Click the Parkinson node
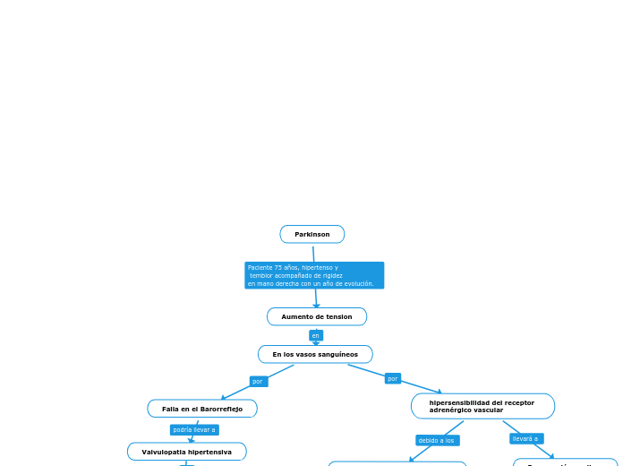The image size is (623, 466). tap(312, 235)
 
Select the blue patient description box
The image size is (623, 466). tap(314, 275)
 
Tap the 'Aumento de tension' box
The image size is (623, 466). tap(317, 317)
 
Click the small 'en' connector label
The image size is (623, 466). tap(315, 335)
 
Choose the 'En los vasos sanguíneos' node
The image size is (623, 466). tap(315, 355)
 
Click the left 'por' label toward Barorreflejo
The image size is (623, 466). tap(258, 382)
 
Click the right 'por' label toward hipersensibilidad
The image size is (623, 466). tap(392, 379)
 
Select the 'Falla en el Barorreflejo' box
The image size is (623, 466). tap(202, 409)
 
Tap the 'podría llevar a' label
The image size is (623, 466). tap(194, 430)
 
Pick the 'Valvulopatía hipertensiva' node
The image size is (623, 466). tap(186, 452)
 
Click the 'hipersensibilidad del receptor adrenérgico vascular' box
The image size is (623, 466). tap(482, 407)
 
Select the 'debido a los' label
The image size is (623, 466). tap(437, 441)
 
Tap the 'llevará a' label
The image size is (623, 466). tap(525, 439)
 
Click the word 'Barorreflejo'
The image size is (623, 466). tap(221, 409)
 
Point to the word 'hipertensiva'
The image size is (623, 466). tap(209, 452)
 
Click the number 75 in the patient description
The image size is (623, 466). tap(278, 268)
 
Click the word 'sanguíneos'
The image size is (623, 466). tap(339, 355)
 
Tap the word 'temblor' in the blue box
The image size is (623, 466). tap(261, 276)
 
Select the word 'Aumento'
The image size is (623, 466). tap(295, 317)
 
